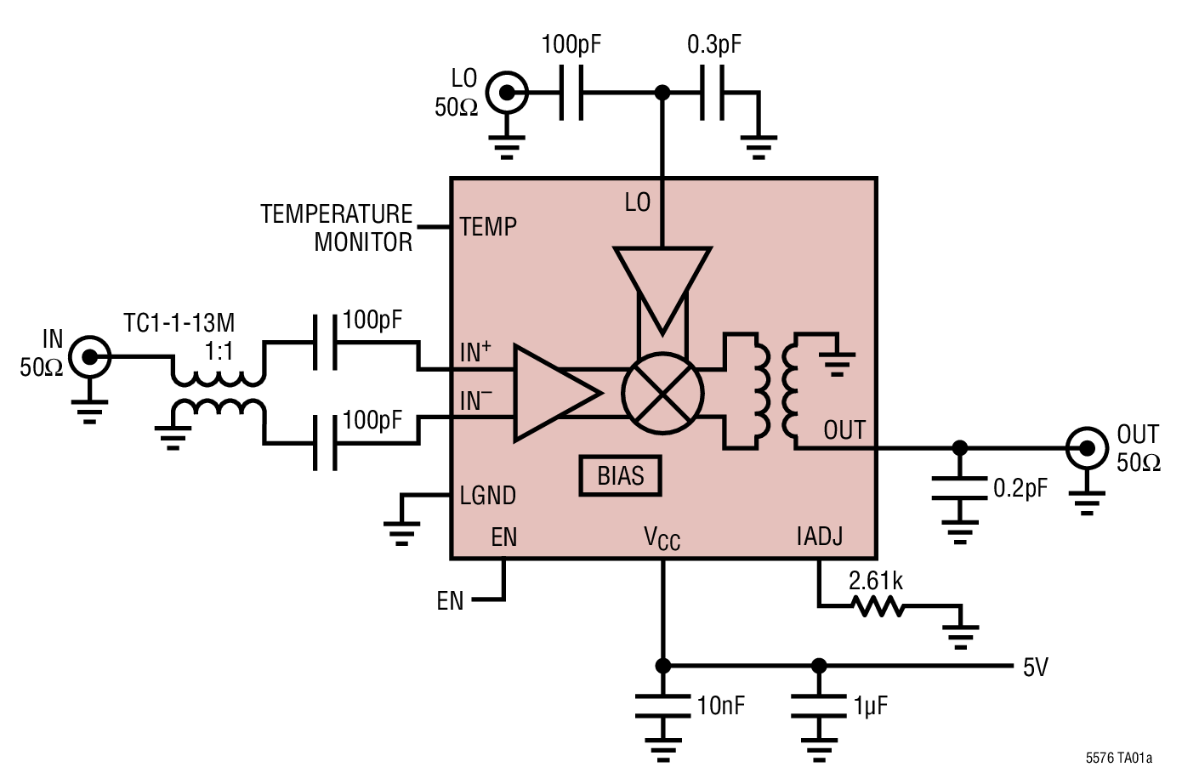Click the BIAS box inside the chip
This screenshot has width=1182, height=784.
pyautogui.click(x=620, y=476)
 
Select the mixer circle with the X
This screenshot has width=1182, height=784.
pyautogui.click(x=662, y=394)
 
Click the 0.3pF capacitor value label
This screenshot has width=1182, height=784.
pyautogui.click(x=713, y=44)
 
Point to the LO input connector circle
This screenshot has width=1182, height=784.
pyautogui.click(x=508, y=92)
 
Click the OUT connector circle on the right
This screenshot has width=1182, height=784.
pyautogui.click(x=1087, y=448)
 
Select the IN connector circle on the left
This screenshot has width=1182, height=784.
pyautogui.click(x=89, y=356)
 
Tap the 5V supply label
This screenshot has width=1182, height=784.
pyautogui.click(x=1035, y=668)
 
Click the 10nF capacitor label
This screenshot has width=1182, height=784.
pyautogui.click(x=720, y=706)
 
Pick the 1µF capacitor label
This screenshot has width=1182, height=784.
pyautogui.click(x=870, y=706)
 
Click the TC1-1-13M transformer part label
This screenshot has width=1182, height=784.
pyautogui.click(x=179, y=323)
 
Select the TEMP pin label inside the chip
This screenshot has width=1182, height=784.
pyautogui.click(x=488, y=227)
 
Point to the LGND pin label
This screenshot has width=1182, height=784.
pyautogui.click(x=487, y=496)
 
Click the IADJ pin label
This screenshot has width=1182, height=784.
pyautogui.click(x=819, y=537)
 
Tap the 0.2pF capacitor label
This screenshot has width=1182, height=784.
pyautogui.click(x=1020, y=489)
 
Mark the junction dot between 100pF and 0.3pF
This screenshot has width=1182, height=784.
pyautogui.click(x=662, y=92)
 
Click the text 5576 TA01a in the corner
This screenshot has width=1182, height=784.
pyautogui.click(x=1118, y=758)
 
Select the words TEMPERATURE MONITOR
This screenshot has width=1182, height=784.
pyautogui.click(x=337, y=228)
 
